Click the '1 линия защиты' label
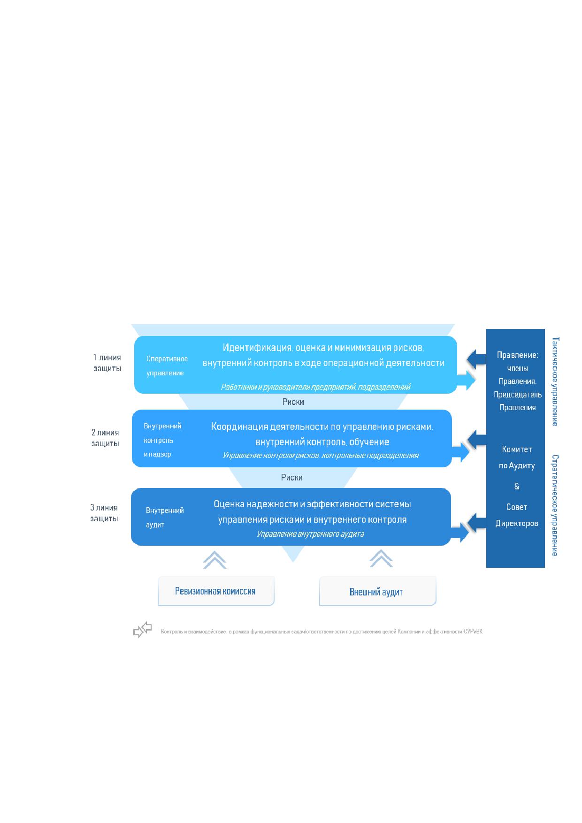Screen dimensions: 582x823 107,363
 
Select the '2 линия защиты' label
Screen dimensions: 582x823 105,438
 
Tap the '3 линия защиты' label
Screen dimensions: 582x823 104,513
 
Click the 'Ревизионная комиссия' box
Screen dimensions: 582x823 216,591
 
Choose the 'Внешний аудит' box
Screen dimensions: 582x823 377,591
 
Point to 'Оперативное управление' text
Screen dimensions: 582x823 167,366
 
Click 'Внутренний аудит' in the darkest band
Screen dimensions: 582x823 164,518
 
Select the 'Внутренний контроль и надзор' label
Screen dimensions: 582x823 162,440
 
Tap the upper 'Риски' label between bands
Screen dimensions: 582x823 293,402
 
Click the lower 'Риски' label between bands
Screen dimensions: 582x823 292,478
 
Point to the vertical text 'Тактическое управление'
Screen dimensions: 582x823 555,381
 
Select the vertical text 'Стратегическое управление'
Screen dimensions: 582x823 555,505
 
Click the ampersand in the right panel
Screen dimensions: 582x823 517,486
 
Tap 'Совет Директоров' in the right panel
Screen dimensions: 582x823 517,515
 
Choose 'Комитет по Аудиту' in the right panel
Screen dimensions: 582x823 517,457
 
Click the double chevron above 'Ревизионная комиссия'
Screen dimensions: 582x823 215,560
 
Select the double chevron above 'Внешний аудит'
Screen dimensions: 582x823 381,559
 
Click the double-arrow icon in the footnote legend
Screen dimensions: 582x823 142,630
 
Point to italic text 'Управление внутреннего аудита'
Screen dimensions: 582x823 310,534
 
